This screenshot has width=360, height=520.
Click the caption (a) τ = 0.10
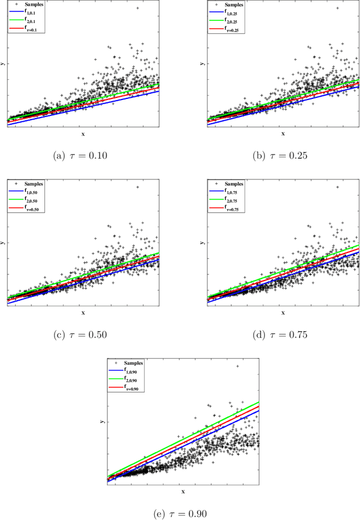click(x=83, y=156)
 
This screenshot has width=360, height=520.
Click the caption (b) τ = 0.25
click(x=283, y=156)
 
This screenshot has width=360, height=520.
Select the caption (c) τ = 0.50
click(x=83, y=334)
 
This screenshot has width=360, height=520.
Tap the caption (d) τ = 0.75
click(x=283, y=334)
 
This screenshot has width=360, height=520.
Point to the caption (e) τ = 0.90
click(x=183, y=513)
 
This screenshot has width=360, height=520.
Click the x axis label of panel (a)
click(x=83, y=134)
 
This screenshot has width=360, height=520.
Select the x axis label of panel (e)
click(x=183, y=491)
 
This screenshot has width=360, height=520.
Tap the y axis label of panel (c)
click(x=2, y=243)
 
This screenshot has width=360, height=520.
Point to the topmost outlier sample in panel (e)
click(x=237, y=366)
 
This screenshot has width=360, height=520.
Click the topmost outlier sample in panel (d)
click(x=337, y=187)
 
